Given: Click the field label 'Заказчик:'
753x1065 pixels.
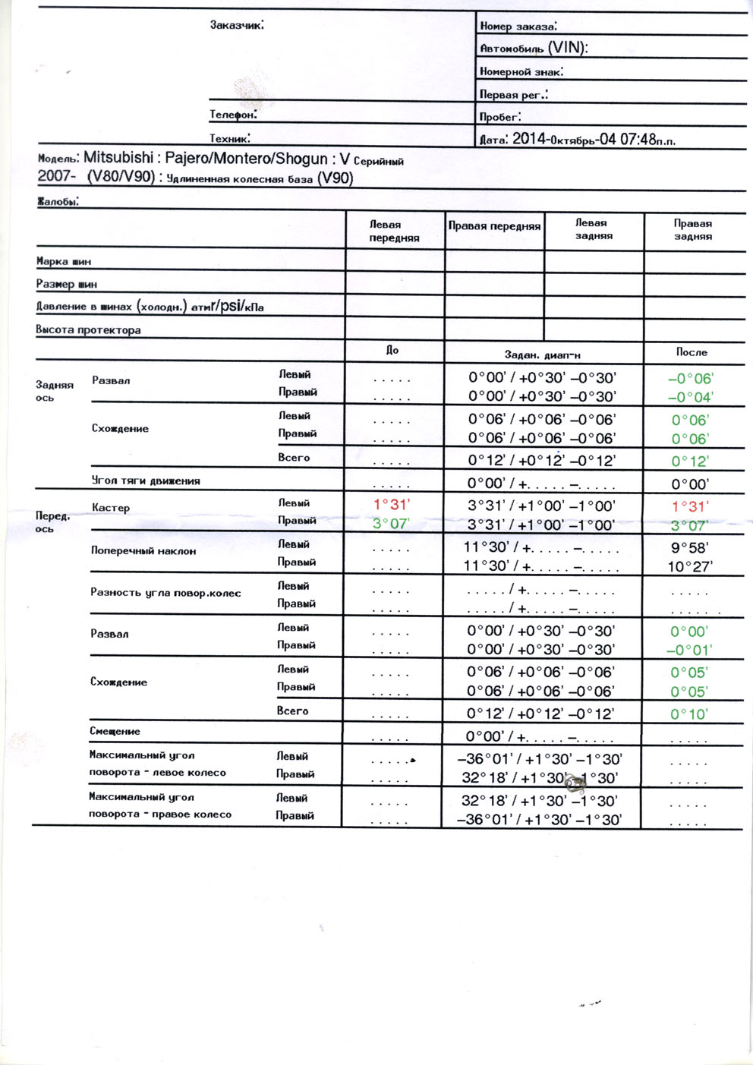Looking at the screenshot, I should pos(237,25).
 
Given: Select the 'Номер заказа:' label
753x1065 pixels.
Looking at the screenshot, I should pos(518,26).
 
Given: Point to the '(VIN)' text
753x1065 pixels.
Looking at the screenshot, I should pos(567,48).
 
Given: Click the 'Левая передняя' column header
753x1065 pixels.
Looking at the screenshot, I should pos(394,231).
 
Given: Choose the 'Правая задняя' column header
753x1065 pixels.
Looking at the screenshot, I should pos(693,229).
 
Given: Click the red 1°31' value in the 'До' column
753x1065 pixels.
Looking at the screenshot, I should pos(392,505).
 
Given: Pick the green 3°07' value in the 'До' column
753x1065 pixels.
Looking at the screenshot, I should pos(391,524).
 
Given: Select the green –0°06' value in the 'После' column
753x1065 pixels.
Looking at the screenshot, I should pos(690,379).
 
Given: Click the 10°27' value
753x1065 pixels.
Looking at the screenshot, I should pos(690,566).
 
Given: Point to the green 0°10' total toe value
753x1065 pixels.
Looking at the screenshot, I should pos(689,714).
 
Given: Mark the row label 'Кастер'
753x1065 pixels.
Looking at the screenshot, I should pos(111,508).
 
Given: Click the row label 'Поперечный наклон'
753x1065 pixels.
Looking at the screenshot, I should pos(143,551).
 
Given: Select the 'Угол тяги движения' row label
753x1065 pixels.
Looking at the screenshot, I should pos(146,481).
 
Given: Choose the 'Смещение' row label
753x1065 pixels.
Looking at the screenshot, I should pos(115,731).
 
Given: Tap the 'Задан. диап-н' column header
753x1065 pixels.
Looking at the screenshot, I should pos(543,354).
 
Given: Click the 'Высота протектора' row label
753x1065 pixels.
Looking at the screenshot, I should pos(88,330).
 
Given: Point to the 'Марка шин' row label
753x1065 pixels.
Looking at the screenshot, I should pos(64,261).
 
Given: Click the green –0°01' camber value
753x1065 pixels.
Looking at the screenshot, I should pos(689,650).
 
